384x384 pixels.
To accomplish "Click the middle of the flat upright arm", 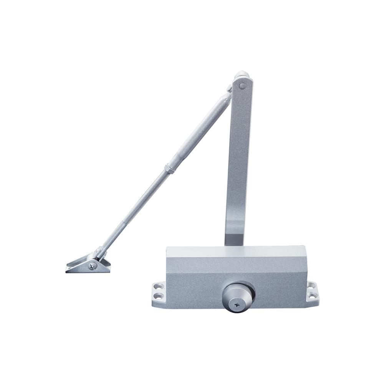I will click(x=237, y=161).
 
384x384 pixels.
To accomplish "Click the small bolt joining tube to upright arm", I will click(x=230, y=89).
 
